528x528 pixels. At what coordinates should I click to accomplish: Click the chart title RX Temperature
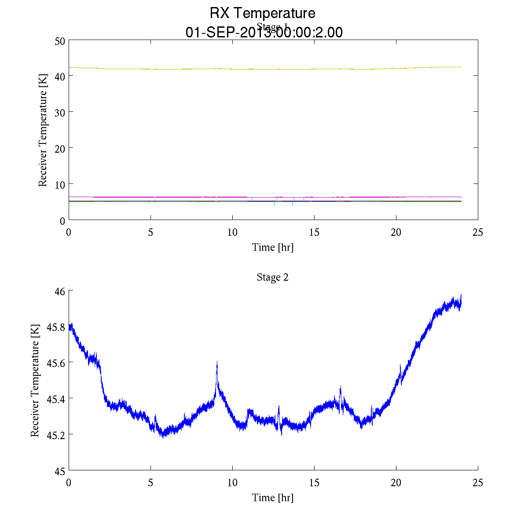pyautogui.click(x=262, y=13)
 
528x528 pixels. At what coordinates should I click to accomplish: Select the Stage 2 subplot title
pyautogui.click(x=272, y=277)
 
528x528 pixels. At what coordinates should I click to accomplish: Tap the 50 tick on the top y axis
pyautogui.click(x=60, y=40)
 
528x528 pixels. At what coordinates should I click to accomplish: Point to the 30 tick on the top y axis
pyautogui.click(x=60, y=112)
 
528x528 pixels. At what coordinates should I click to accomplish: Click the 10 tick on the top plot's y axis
pyautogui.click(x=60, y=184)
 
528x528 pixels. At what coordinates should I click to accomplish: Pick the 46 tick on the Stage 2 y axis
pyautogui.click(x=60, y=291)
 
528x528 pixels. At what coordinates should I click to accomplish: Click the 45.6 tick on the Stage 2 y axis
pyautogui.click(x=56, y=363)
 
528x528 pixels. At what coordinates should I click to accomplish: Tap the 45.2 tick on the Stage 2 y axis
pyautogui.click(x=56, y=435)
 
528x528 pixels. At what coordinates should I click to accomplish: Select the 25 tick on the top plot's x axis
pyautogui.click(x=478, y=232)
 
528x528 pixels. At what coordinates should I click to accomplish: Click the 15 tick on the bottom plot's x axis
pyautogui.click(x=314, y=483)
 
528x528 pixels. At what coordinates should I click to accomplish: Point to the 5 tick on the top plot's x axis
pyautogui.click(x=150, y=232)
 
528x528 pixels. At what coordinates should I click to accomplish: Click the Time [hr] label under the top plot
pyautogui.click(x=272, y=247)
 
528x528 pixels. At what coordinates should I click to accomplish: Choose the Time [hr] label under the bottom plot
pyautogui.click(x=272, y=498)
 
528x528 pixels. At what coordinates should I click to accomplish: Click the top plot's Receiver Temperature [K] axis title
pyautogui.click(x=43, y=130)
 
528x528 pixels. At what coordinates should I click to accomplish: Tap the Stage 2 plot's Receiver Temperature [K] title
pyautogui.click(x=35, y=381)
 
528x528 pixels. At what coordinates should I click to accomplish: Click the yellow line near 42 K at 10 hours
pyautogui.click(x=232, y=69)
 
